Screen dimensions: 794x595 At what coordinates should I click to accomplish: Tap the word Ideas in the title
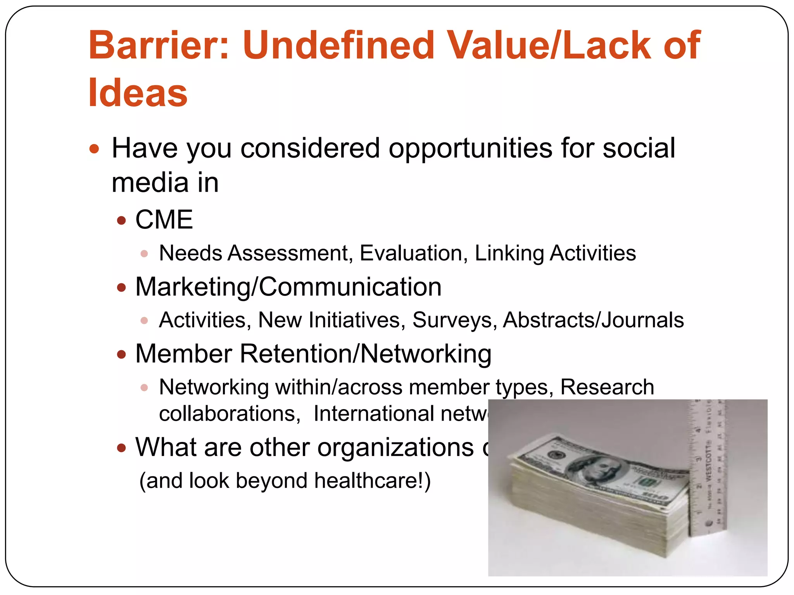tap(138, 93)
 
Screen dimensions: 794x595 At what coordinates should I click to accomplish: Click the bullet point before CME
tap(122, 220)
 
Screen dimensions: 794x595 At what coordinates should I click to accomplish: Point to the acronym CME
tap(164, 220)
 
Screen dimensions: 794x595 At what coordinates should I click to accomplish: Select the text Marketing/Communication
tap(288, 287)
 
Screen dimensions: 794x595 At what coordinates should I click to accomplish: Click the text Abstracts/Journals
tap(593, 320)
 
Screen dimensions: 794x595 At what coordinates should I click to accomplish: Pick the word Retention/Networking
tap(366, 354)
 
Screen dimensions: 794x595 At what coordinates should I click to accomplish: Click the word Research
tap(607, 387)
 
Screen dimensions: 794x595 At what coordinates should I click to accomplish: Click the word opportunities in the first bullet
tap(470, 148)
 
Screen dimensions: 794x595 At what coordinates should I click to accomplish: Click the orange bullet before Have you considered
tap(94, 149)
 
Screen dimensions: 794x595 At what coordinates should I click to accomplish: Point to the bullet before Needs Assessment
tap(144, 254)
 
